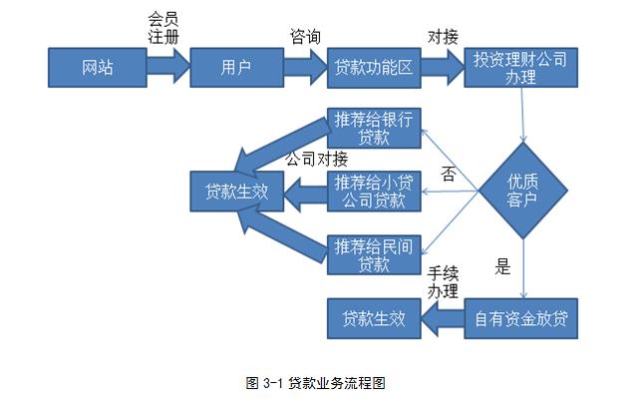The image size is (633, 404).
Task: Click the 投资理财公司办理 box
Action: point(520,68)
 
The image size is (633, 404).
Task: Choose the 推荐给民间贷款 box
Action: point(373,254)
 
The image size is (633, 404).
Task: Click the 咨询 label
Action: point(305,37)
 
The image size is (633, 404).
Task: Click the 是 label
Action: point(502,266)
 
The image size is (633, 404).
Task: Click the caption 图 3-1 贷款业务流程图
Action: point(315,382)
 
